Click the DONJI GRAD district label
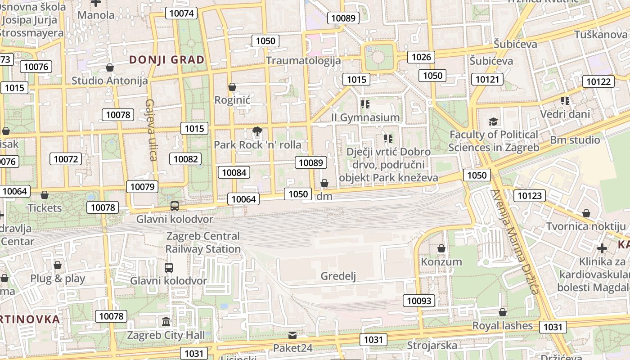(x=166, y=60)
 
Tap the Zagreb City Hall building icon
(x=166, y=322)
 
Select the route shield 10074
(x=182, y=13)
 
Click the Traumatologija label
(x=303, y=60)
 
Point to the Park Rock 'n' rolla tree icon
(x=257, y=132)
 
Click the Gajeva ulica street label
(x=151, y=130)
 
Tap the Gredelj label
(x=338, y=276)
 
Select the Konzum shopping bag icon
(x=441, y=248)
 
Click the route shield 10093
(x=419, y=301)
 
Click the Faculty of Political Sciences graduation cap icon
(x=494, y=121)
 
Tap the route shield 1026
(x=421, y=57)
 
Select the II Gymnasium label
(x=365, y=117)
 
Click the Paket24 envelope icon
(x=292, y=335)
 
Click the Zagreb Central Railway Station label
(x=203, y=242)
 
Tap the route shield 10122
(x=598, y=81)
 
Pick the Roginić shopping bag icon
(x=232, y=87)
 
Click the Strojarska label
(x=432, y=346)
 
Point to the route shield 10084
(x=234, y=172)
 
